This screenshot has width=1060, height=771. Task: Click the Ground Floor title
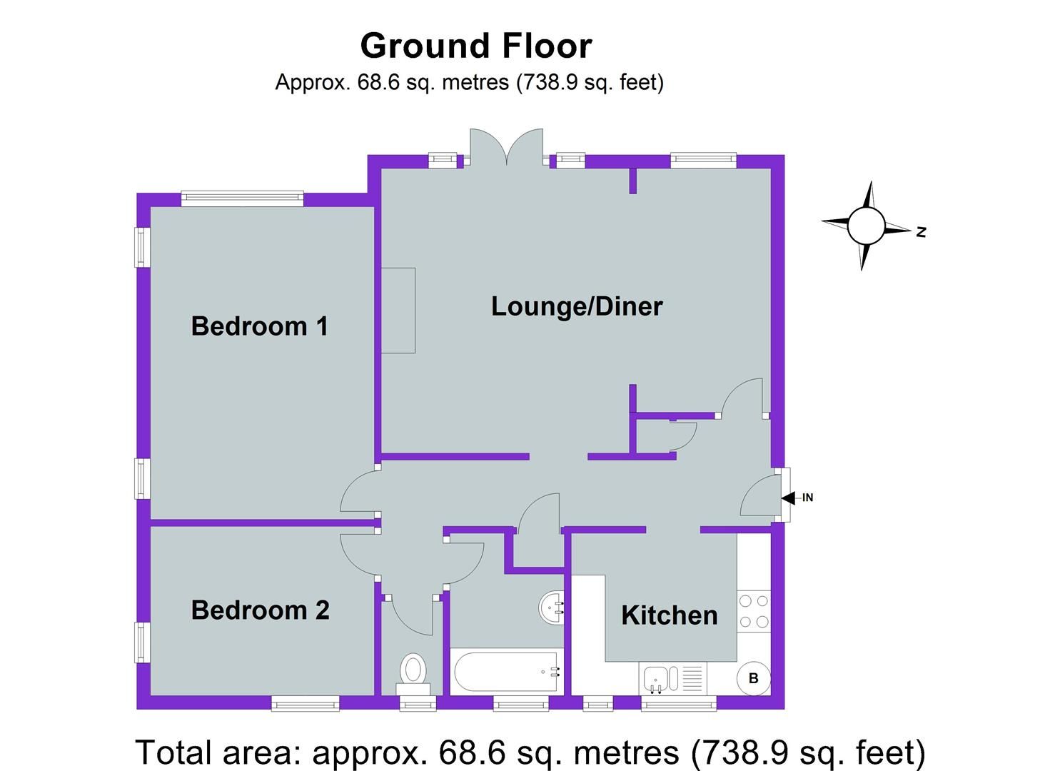(476, 46)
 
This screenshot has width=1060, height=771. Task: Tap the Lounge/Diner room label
(577, 306)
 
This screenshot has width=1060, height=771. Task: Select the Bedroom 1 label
(260, 326)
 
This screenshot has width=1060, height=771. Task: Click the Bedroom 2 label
(261, 610)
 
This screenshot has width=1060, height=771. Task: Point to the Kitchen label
(669, 615)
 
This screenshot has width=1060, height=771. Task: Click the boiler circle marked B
(753, 678)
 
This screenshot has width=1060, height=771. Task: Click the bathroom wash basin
(552, 608)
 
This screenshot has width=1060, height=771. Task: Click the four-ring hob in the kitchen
(754, 611)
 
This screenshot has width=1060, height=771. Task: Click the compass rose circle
(866, 226)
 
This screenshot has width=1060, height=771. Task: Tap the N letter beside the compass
(922, 232)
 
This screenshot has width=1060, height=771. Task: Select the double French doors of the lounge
(507, 148)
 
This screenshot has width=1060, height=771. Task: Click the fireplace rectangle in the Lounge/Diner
(398, 311)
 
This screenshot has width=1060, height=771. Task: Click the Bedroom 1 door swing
(357, 493)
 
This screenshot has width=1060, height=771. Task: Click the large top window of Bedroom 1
(242, 198)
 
